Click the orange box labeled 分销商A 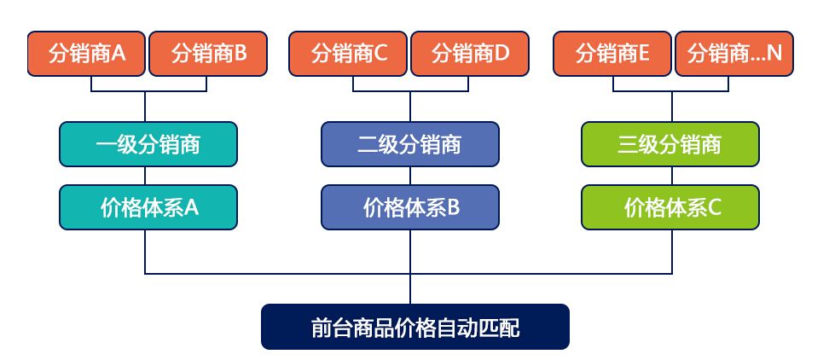(x=86, y=54)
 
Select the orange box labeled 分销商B (x=208, y=54)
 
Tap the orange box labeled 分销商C (x=349, y=54)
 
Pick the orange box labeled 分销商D (x=470, y=54)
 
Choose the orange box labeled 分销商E (x=612, y=54)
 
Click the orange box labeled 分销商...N (x=734, y=54)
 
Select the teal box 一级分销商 (x=148, y=144)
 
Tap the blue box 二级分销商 (x=410, y=144)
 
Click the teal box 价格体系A (x=148, y=207)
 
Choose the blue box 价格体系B (x=410, y=207)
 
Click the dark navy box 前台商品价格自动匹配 (x=414, y=327)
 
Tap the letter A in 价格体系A (x=192, y=207)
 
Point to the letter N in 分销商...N (x=774, y=54)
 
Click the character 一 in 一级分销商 (x=106, y=144)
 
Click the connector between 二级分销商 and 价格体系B (x=410, y=176)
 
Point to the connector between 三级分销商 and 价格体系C (x=671, y=176)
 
